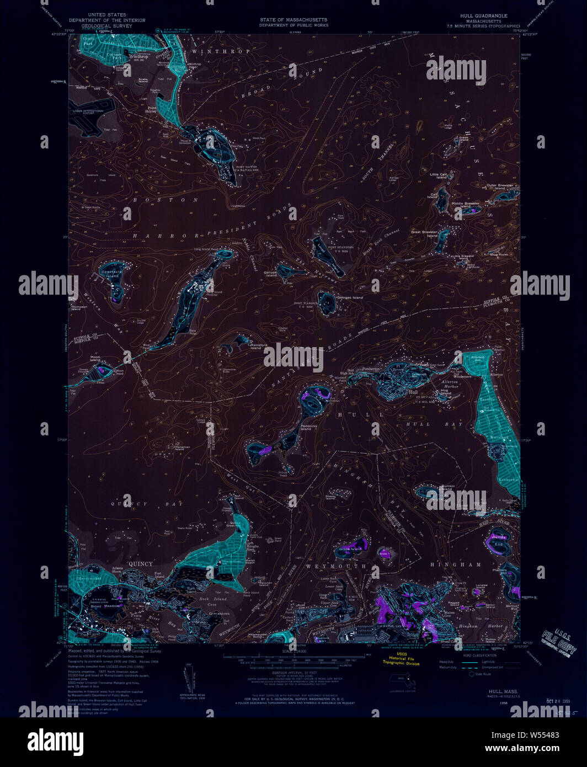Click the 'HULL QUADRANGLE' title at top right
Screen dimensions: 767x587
tap(483, 16)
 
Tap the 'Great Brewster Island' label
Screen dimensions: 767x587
tap(424, 234)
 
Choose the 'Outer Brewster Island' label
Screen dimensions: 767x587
tap(499, 187)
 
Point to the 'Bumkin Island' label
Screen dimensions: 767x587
tap(447, 488)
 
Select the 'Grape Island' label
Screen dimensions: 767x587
tap(350, 549)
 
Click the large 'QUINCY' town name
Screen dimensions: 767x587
tap(140, 563)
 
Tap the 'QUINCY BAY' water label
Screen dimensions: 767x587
tap(129, 504)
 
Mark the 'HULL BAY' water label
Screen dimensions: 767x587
tap(434, 424)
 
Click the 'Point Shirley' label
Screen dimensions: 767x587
tap(151, 109)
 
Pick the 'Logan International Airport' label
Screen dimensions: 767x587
tap(86, 112)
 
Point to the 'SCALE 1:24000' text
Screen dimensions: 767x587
tap(293, 651)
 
